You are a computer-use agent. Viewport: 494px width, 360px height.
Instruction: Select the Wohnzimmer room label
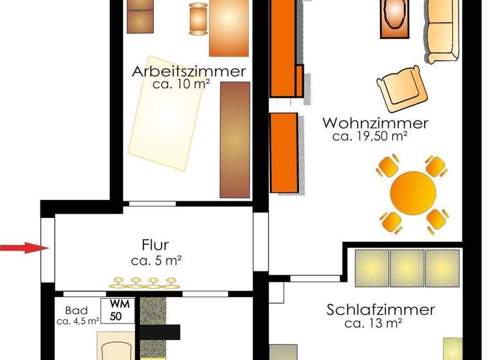[x=376, y=123]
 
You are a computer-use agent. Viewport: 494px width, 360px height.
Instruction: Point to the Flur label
[x=155, y=245]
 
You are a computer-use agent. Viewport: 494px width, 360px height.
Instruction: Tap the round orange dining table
[x=414, y=193]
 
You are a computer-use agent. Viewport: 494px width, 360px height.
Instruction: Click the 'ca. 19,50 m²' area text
[x=372, y=136]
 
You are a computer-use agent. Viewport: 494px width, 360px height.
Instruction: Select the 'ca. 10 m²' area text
[x=181, y=84]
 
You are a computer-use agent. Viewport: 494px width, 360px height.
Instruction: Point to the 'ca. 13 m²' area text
[x=374, y=323]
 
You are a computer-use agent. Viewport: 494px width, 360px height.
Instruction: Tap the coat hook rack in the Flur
[x=144, y=282]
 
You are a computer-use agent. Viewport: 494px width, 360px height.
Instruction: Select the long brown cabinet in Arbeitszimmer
[x=234, y=138]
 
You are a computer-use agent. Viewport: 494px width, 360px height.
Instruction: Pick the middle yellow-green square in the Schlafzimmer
[x=407, y=267]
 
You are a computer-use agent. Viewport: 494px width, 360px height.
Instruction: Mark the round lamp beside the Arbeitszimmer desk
[x=198, y=18]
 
